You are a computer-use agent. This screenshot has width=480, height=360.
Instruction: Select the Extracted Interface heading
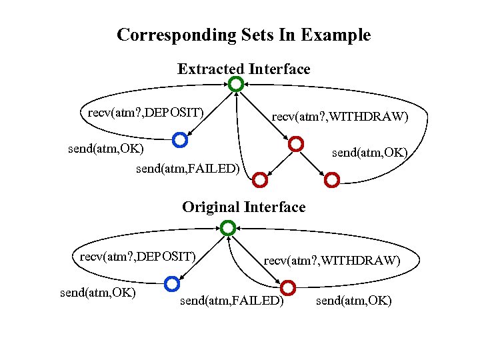click(x=243, y=69)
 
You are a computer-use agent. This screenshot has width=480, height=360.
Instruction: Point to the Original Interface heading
click(x=243, y=207)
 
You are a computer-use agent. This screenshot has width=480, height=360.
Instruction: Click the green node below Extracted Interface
click(x=235, y=85)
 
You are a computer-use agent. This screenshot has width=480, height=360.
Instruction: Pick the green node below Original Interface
click(x=228, y=228)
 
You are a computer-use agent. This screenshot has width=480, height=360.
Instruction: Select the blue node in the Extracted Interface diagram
click(x=179, y=140)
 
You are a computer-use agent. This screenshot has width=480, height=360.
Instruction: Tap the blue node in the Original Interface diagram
click(x=171, y=284)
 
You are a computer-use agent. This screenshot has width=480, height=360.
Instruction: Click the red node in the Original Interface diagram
click(x=288, y=288)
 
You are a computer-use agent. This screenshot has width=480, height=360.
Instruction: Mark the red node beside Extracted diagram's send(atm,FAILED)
click(x=260, y=179)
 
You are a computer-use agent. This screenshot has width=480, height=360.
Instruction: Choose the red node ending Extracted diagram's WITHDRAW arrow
click(x=296, y=144)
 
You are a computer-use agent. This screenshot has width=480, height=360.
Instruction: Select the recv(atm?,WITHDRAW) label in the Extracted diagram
click(x=340, y=118)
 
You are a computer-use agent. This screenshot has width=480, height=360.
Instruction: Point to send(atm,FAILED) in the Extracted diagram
click(x=187, y=169)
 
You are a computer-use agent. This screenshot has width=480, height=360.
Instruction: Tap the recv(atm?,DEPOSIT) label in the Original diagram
click(x=138, y=256)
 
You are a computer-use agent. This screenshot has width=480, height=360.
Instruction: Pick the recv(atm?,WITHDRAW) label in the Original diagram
click(x=332, y=261)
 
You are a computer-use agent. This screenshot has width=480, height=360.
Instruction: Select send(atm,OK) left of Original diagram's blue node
click(x=98, y=292)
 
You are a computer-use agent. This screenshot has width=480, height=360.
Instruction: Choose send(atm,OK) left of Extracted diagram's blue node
click(x=106, y=148)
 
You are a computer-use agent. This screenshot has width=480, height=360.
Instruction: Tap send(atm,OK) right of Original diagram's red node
click(x=354, y=301)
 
